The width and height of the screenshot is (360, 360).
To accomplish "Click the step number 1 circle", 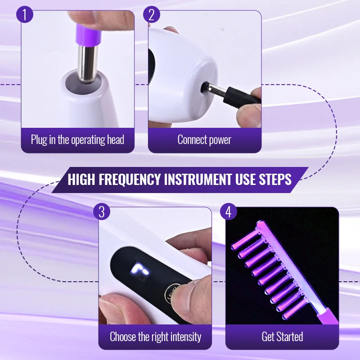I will pyautogui.click(x=25, y=14).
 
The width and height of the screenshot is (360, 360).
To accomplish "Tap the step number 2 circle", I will pyautogui.click(x=152, y=14).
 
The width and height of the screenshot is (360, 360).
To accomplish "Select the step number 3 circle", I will pyautogui.click(x=102, y=211).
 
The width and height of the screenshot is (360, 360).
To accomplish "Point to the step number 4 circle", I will pyautogui.click(x=229, y=211).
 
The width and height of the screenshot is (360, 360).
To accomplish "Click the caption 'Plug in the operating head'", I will pyautogui.click(x=77, y=140).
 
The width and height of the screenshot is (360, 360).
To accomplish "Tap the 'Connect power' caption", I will pyautogui.click(x=204, y=140).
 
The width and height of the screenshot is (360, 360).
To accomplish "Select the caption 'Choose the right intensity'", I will pyautogui.click(x=155, y=337).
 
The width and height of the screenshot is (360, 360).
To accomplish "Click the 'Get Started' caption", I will pyautogui.click(x=282, y=337).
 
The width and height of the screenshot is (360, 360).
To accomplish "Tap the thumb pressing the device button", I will pyautogui.click(x=191, y=295).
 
